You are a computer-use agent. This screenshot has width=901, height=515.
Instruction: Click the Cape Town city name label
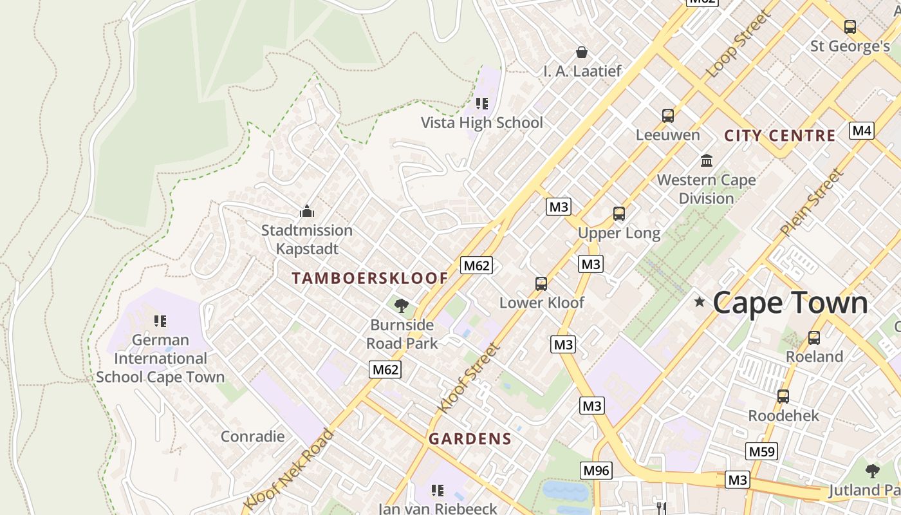point(790,303)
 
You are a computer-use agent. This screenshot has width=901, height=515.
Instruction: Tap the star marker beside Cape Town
point(700,301)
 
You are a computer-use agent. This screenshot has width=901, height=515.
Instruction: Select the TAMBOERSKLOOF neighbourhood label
point(370,278)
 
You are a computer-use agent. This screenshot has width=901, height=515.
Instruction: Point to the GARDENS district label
point(470,439)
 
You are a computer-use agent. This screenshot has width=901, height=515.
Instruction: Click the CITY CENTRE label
point(779,136)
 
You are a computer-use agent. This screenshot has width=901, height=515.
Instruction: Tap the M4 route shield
point(862,131)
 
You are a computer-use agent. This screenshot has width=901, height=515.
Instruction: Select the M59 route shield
point(761,451)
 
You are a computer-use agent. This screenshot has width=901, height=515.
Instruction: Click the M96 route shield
point(595,471)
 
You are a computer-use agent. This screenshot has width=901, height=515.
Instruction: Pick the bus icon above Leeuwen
point(668,116)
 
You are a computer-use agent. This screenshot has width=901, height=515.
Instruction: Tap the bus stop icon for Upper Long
point(619,214)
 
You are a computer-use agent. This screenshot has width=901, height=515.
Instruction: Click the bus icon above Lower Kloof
point(541,283)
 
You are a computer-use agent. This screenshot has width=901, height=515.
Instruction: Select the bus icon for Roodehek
point(783,397)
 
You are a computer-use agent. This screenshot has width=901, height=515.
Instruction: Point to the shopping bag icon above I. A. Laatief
point(582,52)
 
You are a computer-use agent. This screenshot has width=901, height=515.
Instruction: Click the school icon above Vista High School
point(482,104)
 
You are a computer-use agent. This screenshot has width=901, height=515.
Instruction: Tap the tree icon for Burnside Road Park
point(402,306)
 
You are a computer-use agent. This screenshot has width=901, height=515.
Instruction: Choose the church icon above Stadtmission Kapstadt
point(307,211)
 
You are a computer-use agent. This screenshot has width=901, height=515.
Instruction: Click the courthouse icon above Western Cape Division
point(707,160)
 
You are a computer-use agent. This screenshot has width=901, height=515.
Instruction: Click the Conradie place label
point(252,436)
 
